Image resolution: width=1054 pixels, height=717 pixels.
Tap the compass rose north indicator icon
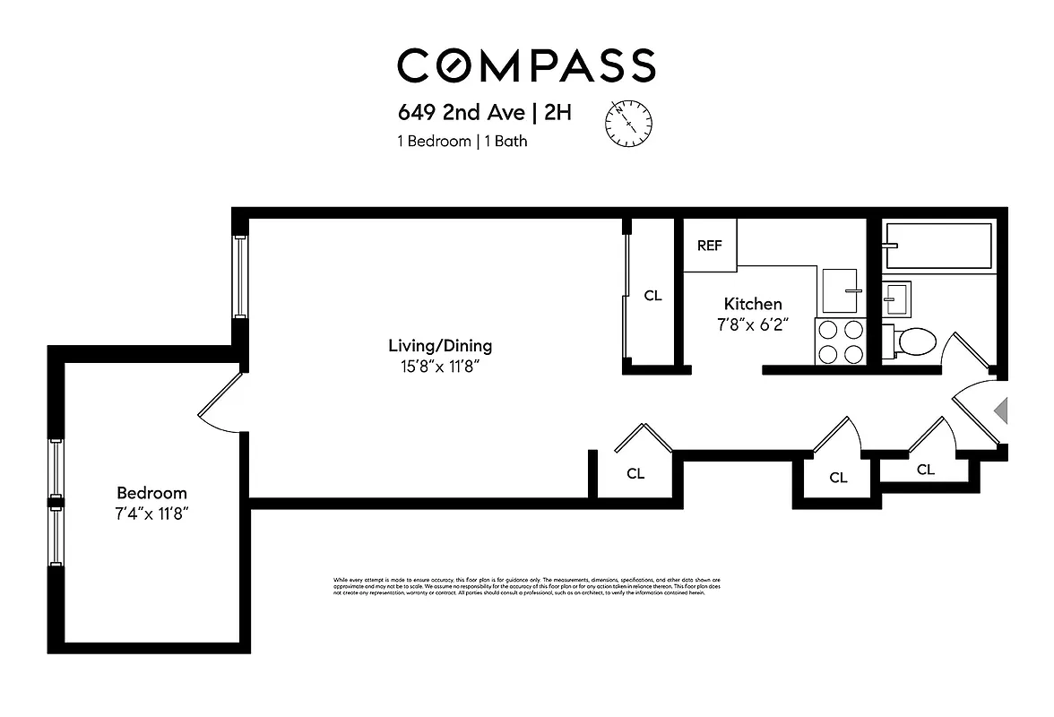click(629, 121)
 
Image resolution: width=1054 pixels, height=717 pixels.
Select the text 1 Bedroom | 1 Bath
click(462, 141)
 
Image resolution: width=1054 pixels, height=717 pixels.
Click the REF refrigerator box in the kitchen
click(710, 246)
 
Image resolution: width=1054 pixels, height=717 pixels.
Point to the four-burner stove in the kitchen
click(840, 341)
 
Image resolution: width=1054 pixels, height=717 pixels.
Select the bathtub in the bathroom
click(937, 246)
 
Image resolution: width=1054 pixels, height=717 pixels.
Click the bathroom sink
click(896, 297)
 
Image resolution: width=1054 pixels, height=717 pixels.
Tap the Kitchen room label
click(753, 304)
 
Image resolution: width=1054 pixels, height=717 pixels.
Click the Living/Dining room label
click(440, 345)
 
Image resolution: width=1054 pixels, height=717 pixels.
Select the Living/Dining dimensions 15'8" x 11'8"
click(440, 366)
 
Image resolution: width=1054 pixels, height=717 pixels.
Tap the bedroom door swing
click(220, 402)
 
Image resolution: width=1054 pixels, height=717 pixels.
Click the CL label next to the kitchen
click(652, 295)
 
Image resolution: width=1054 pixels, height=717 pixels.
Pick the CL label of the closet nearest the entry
click(925, 470)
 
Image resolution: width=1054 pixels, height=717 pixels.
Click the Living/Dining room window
click(240, 275)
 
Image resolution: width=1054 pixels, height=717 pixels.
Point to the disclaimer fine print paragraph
click(526, 587)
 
